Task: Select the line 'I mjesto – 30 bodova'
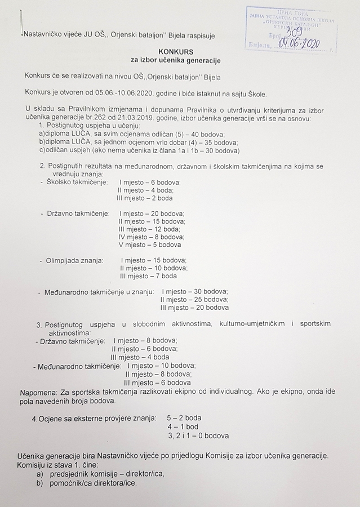(x=195, y=291)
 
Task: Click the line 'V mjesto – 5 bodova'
(x=150, y=245)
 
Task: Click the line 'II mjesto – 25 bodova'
(x=194, y=300)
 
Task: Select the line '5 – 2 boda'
(x=184, y=418)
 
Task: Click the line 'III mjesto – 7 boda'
(x=148, y=276)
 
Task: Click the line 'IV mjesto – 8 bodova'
(x=150, y=237)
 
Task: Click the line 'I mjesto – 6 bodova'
(x=150, y=183)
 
